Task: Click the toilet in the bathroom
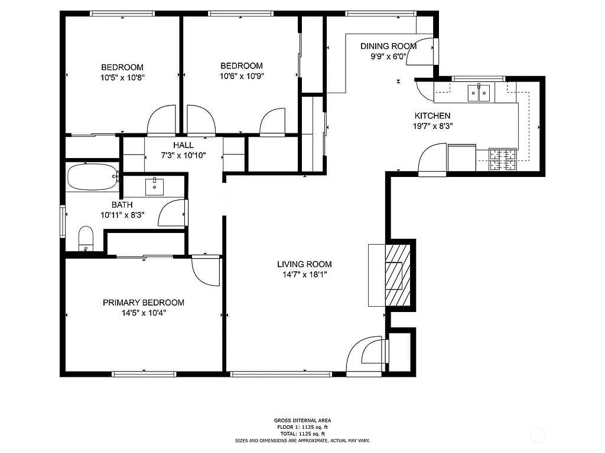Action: tap(86, 238)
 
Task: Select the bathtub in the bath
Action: tap(92, 176)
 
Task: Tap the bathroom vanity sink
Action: tap(155, 186)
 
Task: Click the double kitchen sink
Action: tap(479, 93)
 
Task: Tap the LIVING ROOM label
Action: tap(304, 264)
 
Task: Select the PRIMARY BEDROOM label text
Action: tap(144, 303)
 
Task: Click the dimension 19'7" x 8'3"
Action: tap(432, 126)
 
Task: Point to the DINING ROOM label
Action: tap(388, 46)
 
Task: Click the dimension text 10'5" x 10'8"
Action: tap(122, 77)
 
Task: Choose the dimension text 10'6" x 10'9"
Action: tap(241, 76)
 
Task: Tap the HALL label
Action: tap(183, 145)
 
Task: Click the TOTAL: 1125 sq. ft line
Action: tap(302, 434)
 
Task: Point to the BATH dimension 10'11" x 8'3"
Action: tap(122, 215)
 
